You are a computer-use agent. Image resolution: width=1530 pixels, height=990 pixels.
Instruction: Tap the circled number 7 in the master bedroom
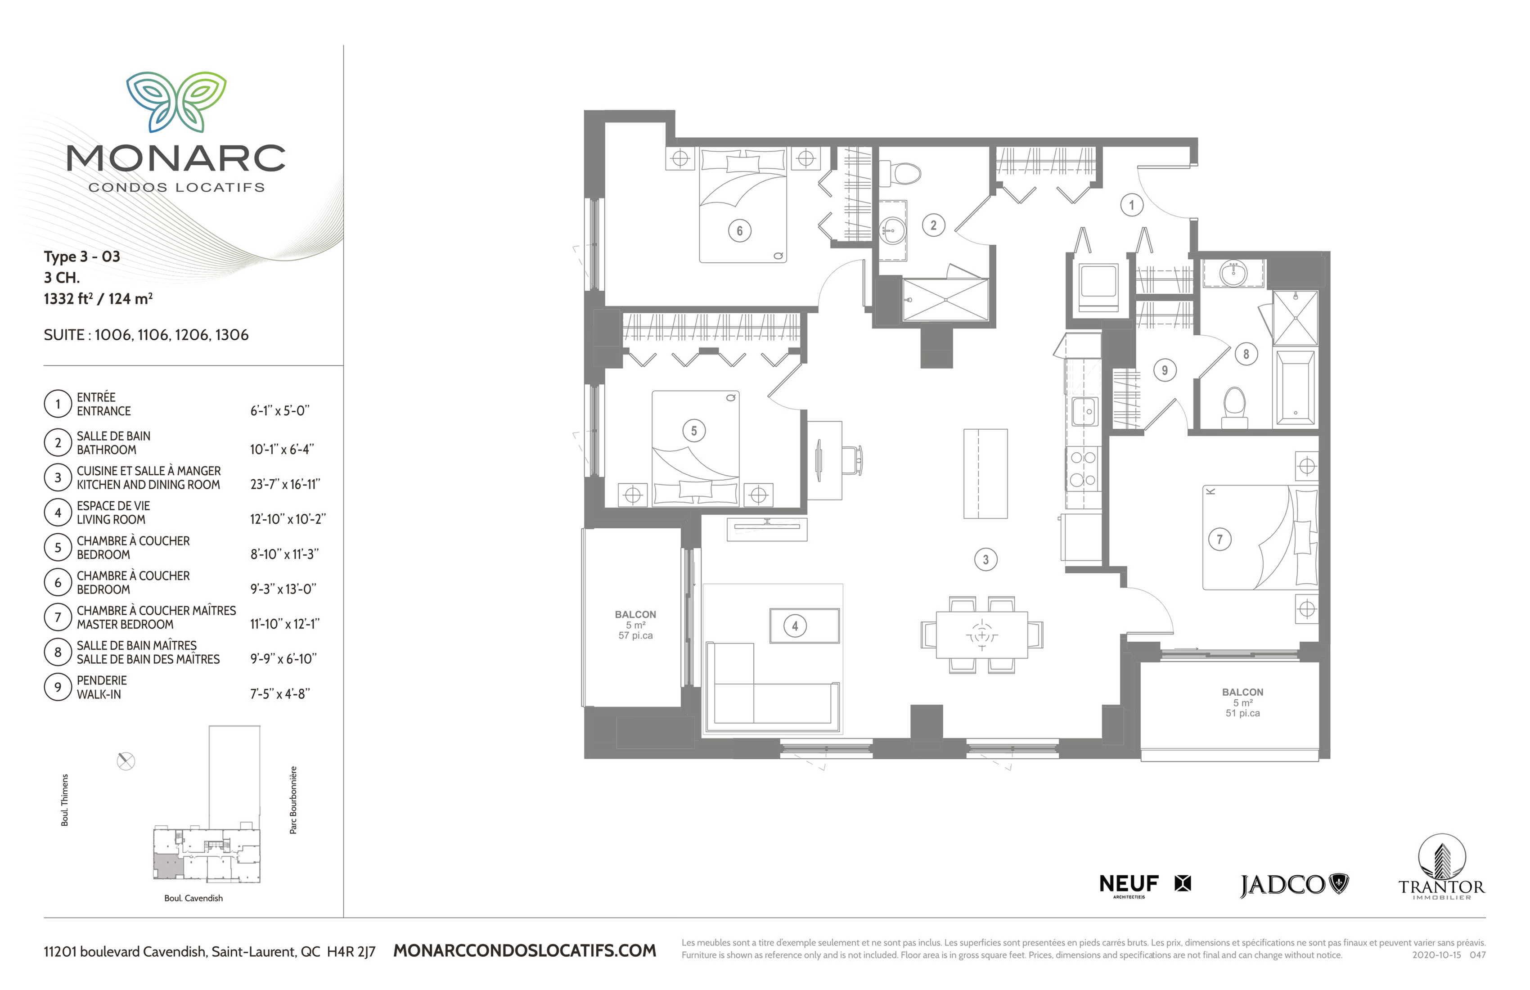pyautogui.click(x=1219, y=539)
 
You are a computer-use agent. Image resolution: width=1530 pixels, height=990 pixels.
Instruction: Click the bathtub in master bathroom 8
pyautogui.click(x=1296, y=387)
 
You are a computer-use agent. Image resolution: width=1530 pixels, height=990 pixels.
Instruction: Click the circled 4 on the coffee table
pyautogui.click(x=795, y=625)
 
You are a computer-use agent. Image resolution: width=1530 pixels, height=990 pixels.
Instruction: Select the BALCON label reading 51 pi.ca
pyautogui.click(x=1242, y=702)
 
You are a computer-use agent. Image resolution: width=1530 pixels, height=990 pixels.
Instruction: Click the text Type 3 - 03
pyautogui.click(x=81, y=256)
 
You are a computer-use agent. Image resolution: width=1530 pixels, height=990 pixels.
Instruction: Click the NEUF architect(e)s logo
pyautogui.click(x=1144, y=885)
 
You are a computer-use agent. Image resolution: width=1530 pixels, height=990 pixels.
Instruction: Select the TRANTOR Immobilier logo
pyautogui.click(x=1442, y=867)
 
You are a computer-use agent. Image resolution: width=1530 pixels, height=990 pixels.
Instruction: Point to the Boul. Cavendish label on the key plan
pyautogui.click(x=193, y=898)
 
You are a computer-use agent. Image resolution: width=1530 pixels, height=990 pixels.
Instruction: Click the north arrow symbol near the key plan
pyautogui.click(x=126, y=761)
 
